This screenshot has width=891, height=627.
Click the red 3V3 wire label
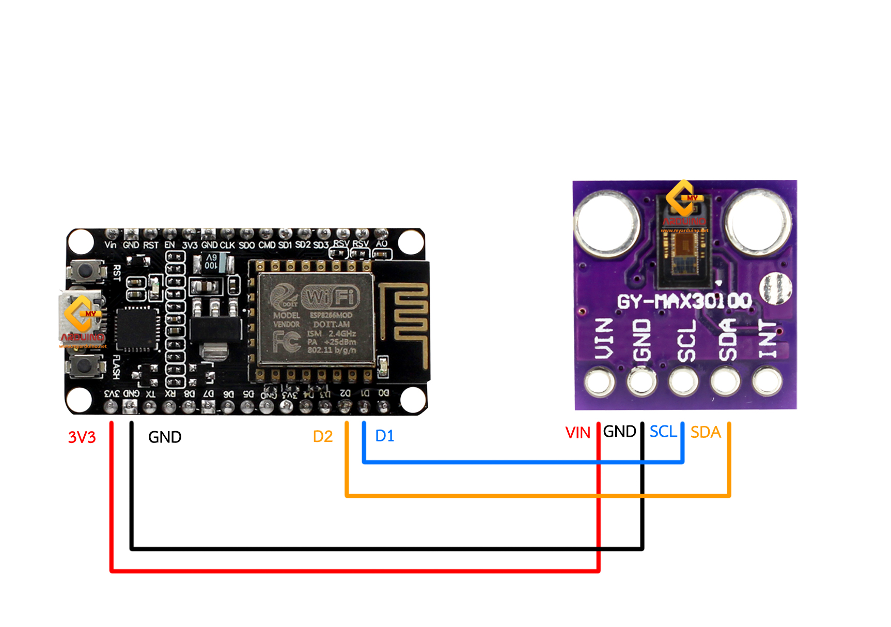coord(82,437)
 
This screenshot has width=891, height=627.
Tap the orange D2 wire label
coord(323,437)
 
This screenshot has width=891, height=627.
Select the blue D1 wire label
coord(385,436)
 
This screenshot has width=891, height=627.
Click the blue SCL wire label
coord(663,432)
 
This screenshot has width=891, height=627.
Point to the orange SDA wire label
coord(706,432)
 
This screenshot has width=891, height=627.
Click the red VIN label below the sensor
coord(577,433)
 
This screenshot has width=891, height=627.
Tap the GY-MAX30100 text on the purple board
coord(684,301)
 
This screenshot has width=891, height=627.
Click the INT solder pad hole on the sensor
coord(767,381)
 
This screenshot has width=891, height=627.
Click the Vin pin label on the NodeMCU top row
coord(110,245)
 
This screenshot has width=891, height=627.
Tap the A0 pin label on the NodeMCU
coord(381,243)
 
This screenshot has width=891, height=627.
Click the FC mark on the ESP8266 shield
coord(287,341)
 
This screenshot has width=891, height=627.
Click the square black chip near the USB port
coord(137,329)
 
